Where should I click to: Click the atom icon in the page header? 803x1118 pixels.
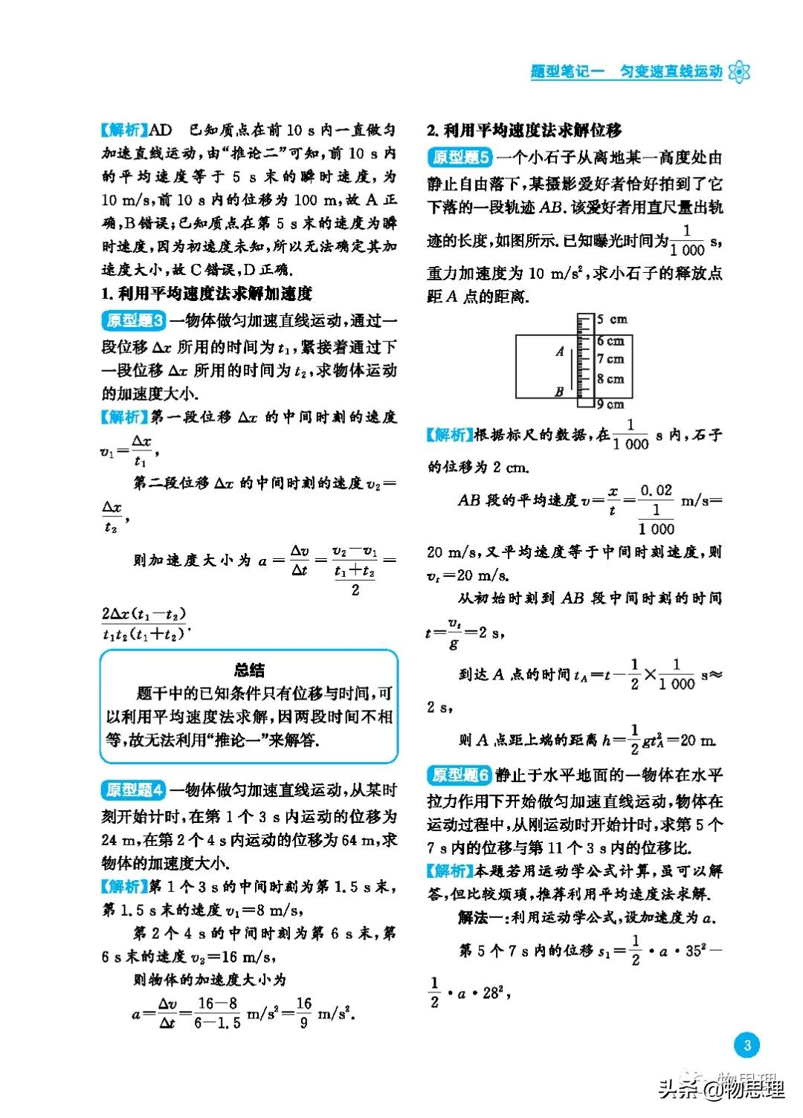[x=739, y=71]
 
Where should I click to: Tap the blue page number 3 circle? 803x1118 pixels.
[x=747, y=1045]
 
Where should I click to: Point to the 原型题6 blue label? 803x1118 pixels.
[x=460, y=775]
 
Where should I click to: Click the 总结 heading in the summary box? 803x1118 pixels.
[x=248, y=670]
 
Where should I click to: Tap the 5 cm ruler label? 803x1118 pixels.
[x=613, y=320]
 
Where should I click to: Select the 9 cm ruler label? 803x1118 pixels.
[x=611, y=404]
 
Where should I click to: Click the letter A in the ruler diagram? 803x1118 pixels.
[x=560, y=352]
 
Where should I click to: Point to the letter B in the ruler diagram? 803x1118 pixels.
[x=558, y=392]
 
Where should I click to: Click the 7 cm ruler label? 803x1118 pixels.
[x=611, y=359]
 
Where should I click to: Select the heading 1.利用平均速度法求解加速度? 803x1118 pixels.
[x=207, y=294]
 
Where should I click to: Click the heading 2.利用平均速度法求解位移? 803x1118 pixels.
[x=524, y=131]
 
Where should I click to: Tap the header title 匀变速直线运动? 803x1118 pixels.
[x=671, y=72]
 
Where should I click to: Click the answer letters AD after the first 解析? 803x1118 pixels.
[x=161, y=131]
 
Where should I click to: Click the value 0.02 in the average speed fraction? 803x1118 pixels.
[x=656, y=491]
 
